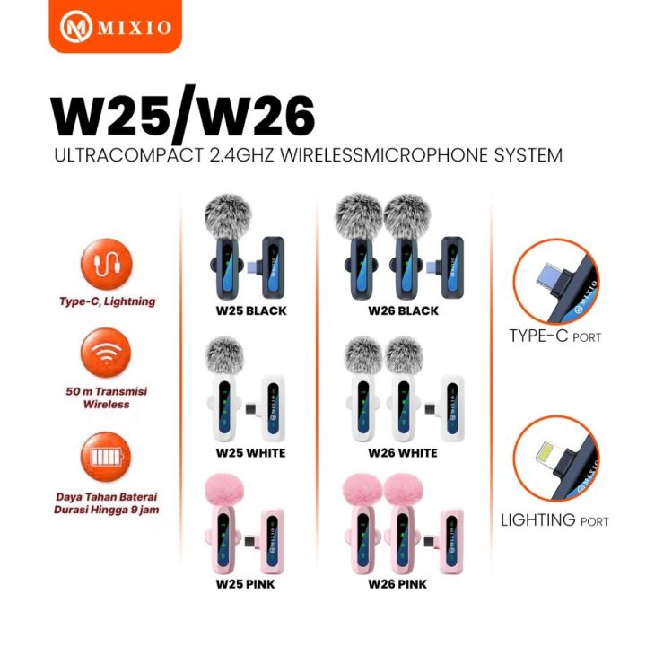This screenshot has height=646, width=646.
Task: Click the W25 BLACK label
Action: tap(246, 311)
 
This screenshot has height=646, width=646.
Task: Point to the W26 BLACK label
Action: tap(403, 311)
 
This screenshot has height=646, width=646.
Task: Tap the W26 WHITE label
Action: tap(403, 453)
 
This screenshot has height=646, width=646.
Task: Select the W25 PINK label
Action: tap(246, 583)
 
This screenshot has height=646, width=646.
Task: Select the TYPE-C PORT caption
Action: tap(554, 337)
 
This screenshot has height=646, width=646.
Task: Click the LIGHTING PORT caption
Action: tap(554, 520)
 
